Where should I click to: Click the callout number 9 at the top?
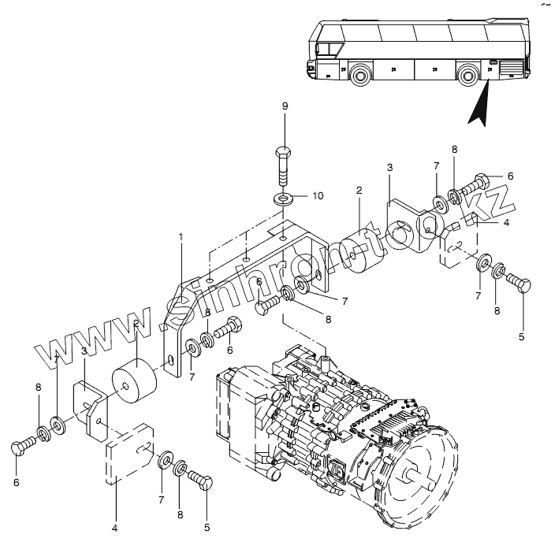285,106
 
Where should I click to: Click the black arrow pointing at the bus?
478,106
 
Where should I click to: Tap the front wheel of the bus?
362,77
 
